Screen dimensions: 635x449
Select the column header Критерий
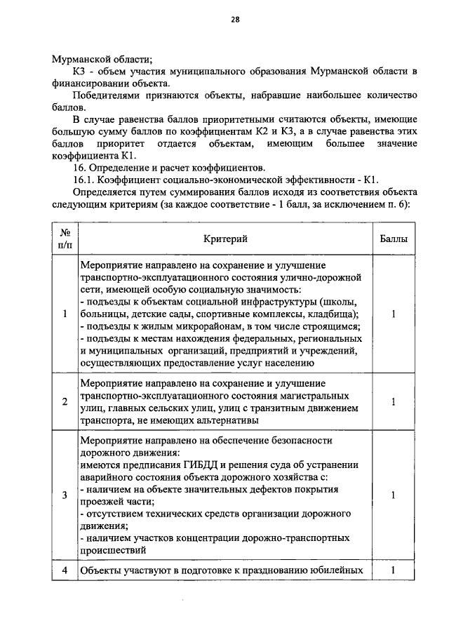(x=225, y=239)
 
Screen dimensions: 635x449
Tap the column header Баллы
(x=394, y=239)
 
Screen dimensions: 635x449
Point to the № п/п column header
(x=64, y=239)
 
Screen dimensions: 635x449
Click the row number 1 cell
(x=64, y=314)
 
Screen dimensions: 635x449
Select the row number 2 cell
(x=64, y=402)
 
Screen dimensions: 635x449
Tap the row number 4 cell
(x=64, y=570)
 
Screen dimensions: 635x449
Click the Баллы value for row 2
(x=394, y=402)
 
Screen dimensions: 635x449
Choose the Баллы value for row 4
(x=394, y=570)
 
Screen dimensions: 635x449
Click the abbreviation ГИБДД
(x=200, y=464)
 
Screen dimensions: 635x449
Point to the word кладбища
(x=337, y=314)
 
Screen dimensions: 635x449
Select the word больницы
(x=105, y=314)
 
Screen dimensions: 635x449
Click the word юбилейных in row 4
(x=338, y=570)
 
